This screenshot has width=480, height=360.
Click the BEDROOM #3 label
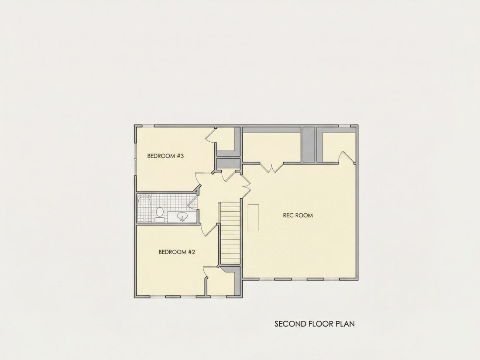(165, 156)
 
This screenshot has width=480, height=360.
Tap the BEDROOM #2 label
(177, 252)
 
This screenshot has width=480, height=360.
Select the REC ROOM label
(298, 215)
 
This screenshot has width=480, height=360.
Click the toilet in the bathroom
(159, 214)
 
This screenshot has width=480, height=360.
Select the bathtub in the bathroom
(144, 209)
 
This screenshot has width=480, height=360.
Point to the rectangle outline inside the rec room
(254, 218)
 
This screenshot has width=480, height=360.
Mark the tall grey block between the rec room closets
(309, 144)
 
